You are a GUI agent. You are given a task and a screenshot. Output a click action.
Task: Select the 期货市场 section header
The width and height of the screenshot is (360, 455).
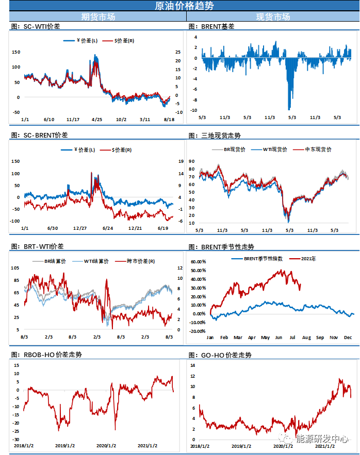pos(98,17)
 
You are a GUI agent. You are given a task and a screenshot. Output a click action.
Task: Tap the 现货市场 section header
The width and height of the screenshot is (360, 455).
pos(273,17)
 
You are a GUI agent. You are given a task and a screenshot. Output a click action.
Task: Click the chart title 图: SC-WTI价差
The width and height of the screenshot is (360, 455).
pos(35,26)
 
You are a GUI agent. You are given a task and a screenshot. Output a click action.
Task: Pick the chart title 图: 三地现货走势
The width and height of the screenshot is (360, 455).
pos(215,136)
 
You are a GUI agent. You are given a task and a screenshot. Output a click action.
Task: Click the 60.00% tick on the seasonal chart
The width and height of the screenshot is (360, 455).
pos(199,262)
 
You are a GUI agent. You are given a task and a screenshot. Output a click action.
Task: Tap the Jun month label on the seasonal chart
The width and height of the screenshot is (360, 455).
pos(279,337)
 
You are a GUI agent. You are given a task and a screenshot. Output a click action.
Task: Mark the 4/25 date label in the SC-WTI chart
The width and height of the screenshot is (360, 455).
pos(96,120)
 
